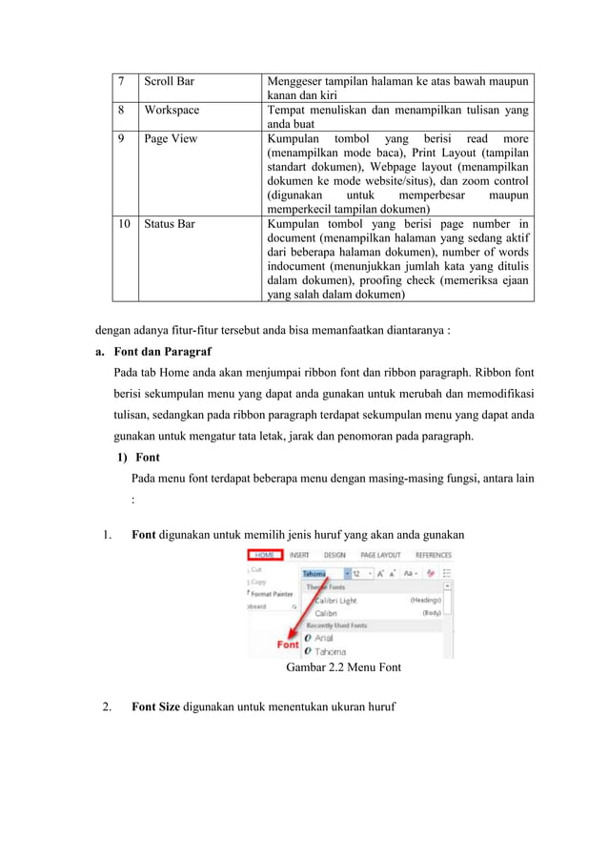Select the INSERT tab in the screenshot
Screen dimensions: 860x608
[x=299, y=555]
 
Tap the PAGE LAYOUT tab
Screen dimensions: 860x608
[x=379, y=555]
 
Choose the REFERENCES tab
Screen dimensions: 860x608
[x=433, y=555]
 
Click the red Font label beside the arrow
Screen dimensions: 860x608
[x=288, y=645]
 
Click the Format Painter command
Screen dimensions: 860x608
[x=272, y=594]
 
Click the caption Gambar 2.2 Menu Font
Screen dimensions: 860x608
[x=343, y=667]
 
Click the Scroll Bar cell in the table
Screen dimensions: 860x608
[x=169, y=82]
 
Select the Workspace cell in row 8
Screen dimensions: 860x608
[x=172, y=111]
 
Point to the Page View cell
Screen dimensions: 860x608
[x=171, y=139]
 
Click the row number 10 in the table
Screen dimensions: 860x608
[x=123, y=224]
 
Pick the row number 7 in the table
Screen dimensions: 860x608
[x=121, y=82]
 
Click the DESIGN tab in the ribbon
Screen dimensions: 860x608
[x=334, y=555]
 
